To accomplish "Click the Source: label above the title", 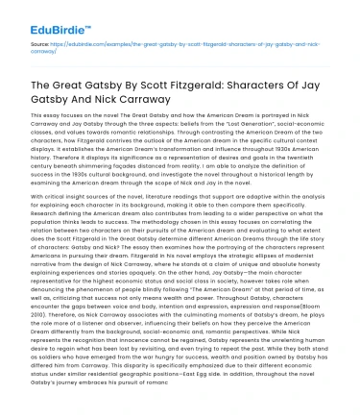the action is click(39, 45).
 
